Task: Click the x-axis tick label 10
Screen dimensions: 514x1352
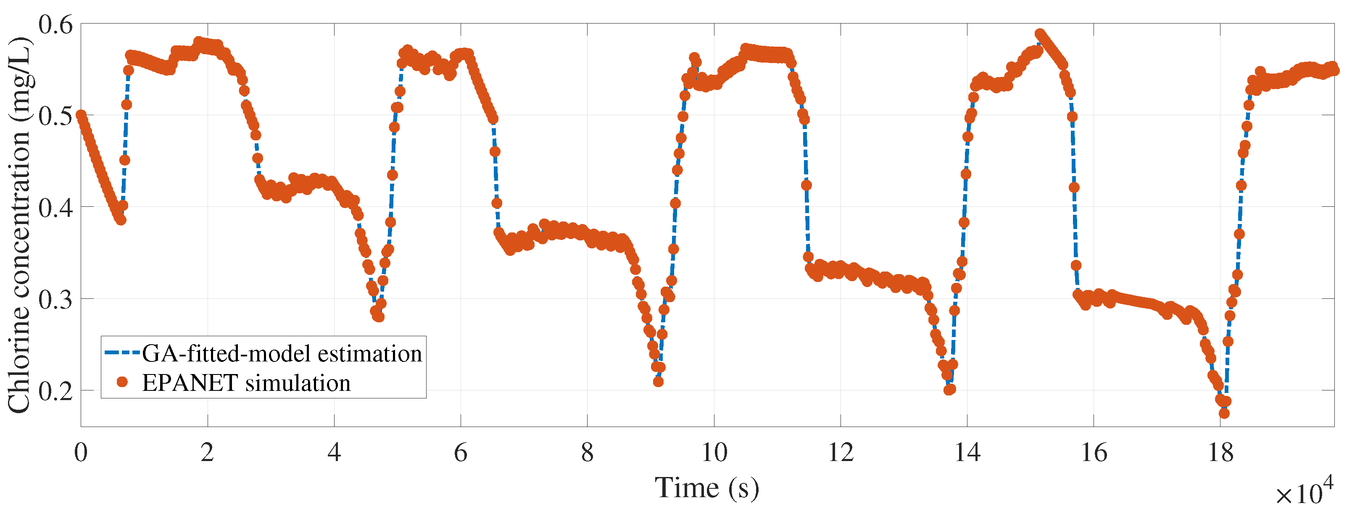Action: [714, 452]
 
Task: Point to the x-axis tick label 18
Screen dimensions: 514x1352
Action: [1221, 452]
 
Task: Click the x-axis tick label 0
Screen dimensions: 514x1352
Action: [81, 452]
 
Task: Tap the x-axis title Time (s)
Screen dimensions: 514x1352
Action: [706, 488]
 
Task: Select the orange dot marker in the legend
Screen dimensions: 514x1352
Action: [122, 382]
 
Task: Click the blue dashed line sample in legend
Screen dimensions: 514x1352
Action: [122, 353]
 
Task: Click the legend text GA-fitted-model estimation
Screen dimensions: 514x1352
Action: [282, 353]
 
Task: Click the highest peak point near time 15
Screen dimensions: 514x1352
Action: [1040, 34]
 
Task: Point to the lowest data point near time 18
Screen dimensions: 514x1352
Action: [1224, 413]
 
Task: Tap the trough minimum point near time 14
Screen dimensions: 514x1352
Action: [949, 390]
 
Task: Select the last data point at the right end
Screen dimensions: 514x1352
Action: [1334, 69]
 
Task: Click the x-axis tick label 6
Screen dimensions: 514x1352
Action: [460, 452]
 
